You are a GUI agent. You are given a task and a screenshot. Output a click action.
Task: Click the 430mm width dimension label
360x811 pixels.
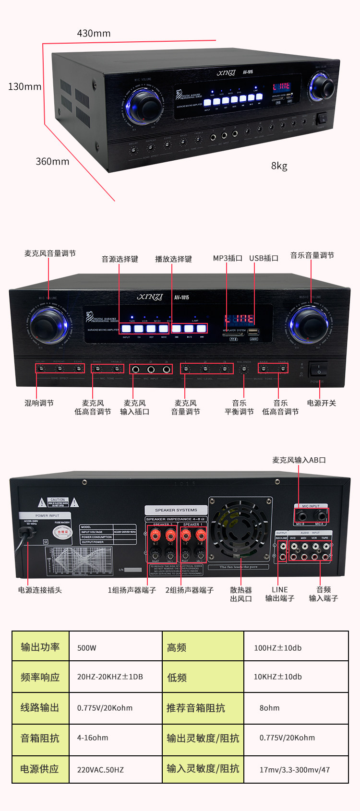point(94,34)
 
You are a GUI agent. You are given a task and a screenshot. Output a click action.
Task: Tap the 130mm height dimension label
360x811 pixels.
point(24,87)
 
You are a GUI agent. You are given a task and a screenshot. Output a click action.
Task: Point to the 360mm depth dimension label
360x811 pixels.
point(52,162)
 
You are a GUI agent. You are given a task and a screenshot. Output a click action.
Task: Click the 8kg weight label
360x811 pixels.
point(279,166)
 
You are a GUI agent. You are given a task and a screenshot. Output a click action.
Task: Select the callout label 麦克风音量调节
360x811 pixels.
point(50,253)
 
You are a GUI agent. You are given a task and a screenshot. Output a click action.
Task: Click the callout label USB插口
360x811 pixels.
point(264,258)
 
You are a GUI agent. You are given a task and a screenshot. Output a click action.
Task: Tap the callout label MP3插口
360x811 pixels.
point(228,258)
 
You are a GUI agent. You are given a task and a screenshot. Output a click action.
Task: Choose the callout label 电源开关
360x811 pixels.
point(321,403)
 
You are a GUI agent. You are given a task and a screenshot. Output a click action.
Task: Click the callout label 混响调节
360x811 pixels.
point(39,403)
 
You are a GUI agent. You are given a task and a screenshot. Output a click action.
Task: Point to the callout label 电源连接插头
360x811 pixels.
point(40,590)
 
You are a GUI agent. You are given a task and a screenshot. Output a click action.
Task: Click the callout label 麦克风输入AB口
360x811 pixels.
point(299,460)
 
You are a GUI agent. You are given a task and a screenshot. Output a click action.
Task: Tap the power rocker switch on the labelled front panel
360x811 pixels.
point(318,370)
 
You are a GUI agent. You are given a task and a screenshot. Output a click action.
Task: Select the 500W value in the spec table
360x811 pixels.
point(87,648)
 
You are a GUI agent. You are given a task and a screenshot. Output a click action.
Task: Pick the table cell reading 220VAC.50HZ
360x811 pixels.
point(100,770)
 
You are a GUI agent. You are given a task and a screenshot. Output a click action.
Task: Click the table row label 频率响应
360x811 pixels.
point(40,677)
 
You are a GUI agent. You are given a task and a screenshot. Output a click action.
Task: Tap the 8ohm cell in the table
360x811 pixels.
point(269,708)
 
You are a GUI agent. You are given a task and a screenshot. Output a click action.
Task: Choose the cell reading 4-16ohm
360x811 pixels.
point(93,738)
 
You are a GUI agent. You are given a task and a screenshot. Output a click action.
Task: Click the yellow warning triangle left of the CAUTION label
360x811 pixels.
point(42,503)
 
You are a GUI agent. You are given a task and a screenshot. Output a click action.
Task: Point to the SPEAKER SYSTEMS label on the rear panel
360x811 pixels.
point(176,510)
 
